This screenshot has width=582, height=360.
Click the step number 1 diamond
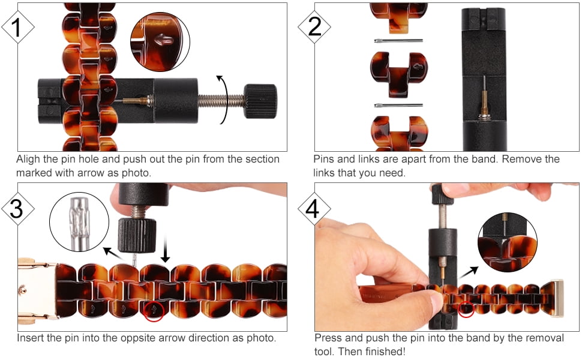tap(18, 27)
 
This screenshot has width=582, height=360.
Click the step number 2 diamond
tap(314, 27)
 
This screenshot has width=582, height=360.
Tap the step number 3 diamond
tap(18, 209)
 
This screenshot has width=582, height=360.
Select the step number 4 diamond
tap(314, 209)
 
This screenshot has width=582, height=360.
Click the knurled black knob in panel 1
tap(260, 101)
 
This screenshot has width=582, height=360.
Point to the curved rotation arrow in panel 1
tap(226, 100)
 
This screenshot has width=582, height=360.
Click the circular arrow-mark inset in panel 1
tap(160, 41)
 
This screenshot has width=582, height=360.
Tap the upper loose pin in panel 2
tap(398, 41)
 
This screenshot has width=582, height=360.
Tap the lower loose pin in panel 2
tap(398, 106)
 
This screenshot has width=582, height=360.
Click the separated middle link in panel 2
tap(398, 73)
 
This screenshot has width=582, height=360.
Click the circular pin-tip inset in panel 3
tap(79, 222)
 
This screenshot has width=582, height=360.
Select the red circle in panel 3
tap(154, 311)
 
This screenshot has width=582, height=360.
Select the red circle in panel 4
tap(466, 309)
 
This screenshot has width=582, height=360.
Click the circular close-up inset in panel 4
tap(508, 242)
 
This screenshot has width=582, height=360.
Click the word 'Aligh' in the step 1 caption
tap(28, 160)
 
